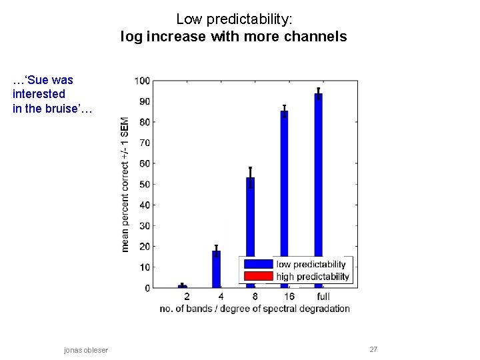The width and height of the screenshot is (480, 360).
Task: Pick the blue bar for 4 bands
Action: tap(216, 269)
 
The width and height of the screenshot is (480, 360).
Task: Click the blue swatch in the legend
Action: tap(258, 264)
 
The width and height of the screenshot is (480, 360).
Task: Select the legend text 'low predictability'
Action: tap(311, 264)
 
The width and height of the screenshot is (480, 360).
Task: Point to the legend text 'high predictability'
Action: tap(312, 277)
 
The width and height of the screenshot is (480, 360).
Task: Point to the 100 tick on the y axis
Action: tap(143, 81)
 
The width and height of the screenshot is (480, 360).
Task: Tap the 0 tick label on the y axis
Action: tap(147, 288)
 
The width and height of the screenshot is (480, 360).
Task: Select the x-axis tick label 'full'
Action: tap(323, 296)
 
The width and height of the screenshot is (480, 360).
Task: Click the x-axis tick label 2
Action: tap(186, 296)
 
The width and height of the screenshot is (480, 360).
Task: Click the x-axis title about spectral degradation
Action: tap(255, 308)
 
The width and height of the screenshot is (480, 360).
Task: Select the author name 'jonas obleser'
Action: tap(86, 350)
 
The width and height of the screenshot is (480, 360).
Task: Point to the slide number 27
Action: tap(373, 349)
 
